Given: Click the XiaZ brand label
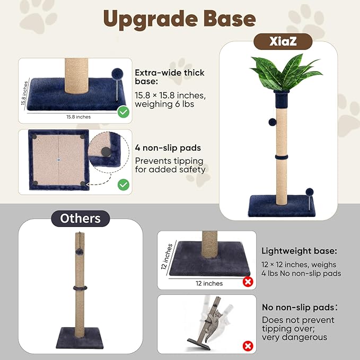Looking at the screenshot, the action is [283, 41].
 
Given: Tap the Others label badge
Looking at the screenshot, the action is [81, 218].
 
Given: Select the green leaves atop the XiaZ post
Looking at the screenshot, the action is [286, 72].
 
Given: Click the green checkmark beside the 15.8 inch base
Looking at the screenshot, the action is [124, 112].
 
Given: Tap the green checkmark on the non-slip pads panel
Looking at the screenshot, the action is [124, 185].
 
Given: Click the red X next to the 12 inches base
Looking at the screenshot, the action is [248, 282].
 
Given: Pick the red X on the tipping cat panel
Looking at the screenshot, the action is [248, 346].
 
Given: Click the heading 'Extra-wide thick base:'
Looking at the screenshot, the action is [170, 77].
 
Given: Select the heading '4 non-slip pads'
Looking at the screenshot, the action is [168, 147].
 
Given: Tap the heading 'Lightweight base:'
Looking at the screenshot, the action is [299, 251].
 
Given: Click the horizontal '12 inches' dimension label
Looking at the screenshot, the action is [209, 283].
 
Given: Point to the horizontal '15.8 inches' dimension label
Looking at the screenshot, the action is [78, 117].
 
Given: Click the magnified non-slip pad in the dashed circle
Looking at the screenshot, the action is [106, 152].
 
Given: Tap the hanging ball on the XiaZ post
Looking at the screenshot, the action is [273, 122].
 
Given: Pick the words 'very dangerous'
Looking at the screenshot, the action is [294, 337].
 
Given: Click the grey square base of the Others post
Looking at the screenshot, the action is [80, 338].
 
